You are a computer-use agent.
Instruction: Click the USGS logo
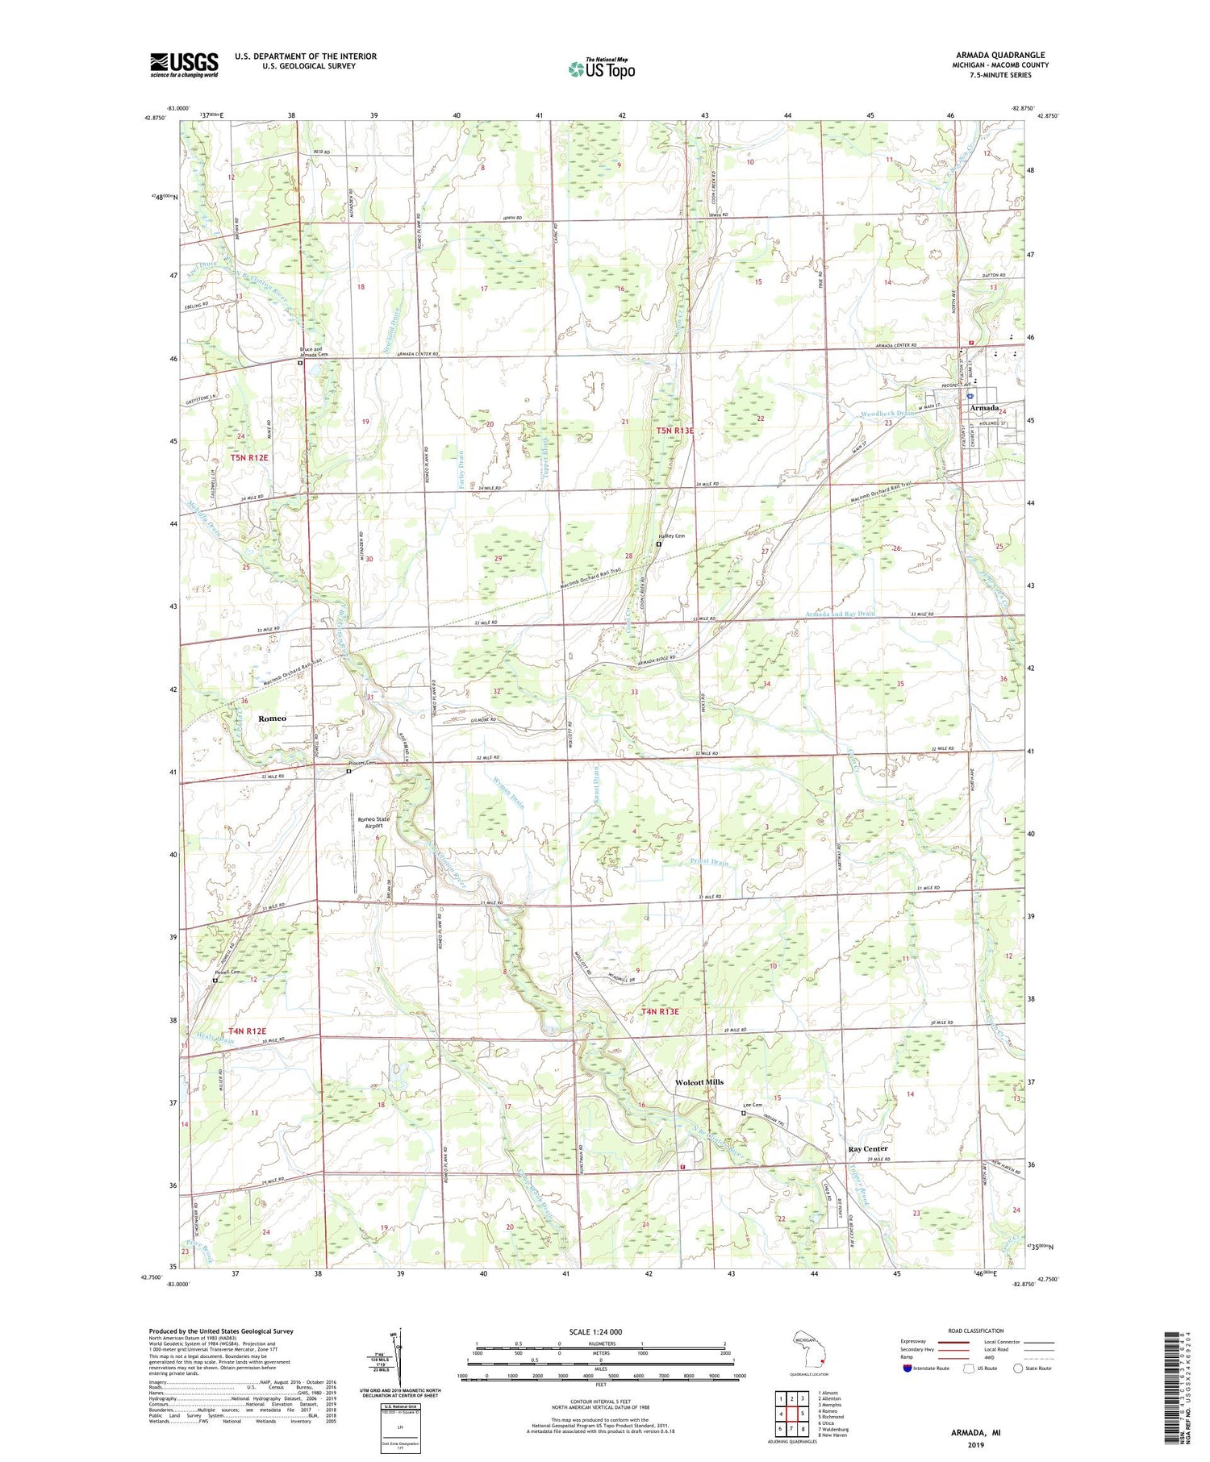tap(184, 65)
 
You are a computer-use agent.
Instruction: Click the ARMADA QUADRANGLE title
tap(999, 55)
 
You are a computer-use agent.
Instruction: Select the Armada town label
tap(983, 408)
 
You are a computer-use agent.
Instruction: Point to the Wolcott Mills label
tap(699, 1082)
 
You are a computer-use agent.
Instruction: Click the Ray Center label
tap(868, 1148)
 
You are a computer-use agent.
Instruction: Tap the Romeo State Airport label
tap(373, 823)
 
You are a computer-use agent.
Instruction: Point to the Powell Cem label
tap(228, 973)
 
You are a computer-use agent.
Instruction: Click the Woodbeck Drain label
tap(887, 414)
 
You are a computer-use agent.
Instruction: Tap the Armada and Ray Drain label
tap(839, 614)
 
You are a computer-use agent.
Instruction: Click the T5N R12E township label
tap(248, 457)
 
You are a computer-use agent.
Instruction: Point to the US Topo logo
tap(601, 69)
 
